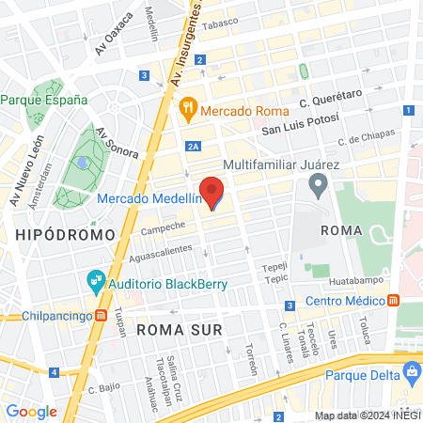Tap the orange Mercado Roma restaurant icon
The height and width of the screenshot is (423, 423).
[188, 108]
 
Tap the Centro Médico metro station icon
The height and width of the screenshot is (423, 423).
[393, 302]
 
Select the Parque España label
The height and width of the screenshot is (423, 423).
[44, 99]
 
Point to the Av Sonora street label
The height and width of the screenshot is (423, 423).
[117, 142]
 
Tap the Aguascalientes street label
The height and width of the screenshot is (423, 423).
[161, 253]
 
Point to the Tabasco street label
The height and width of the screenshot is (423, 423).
[221, 22]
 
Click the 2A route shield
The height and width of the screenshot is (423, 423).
[193, 146]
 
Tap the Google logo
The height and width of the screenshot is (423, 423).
[31, 411]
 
